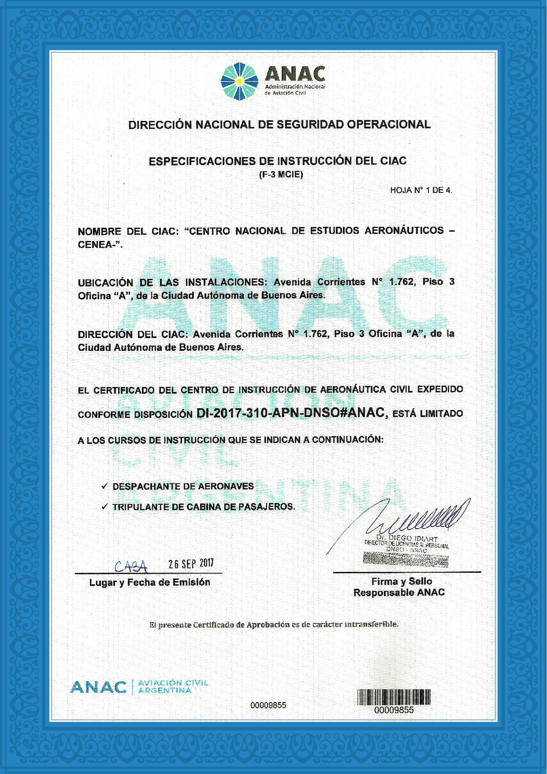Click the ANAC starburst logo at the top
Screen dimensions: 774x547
(x=239, y=81)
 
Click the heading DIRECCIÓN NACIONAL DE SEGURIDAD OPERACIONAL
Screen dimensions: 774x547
(x=279, y=124)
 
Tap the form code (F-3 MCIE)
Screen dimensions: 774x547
(x=281, y=175)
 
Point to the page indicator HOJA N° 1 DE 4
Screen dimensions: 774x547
(x=421, y=190)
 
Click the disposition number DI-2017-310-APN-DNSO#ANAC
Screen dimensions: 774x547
(x=292, y=413)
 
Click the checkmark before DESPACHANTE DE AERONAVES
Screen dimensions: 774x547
(x=104, y=486)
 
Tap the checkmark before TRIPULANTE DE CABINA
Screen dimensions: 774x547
(x=104, y=507)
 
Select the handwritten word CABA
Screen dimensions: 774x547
(x=131, y=566)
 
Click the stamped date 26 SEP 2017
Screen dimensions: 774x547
(x=191, y=563)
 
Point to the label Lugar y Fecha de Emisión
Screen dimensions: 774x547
(x=149, y=582)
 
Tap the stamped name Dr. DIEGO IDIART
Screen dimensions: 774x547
(x=407, y=538)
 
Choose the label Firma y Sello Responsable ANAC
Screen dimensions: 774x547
(x=399, y=587)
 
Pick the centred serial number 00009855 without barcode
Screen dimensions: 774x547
(x=268, y=705)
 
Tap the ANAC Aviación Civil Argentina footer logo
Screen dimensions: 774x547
(x=139, y=687)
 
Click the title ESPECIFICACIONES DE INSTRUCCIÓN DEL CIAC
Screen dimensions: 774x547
(x=277, y=161)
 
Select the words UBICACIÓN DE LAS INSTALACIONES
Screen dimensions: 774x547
(x=172, y=282)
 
